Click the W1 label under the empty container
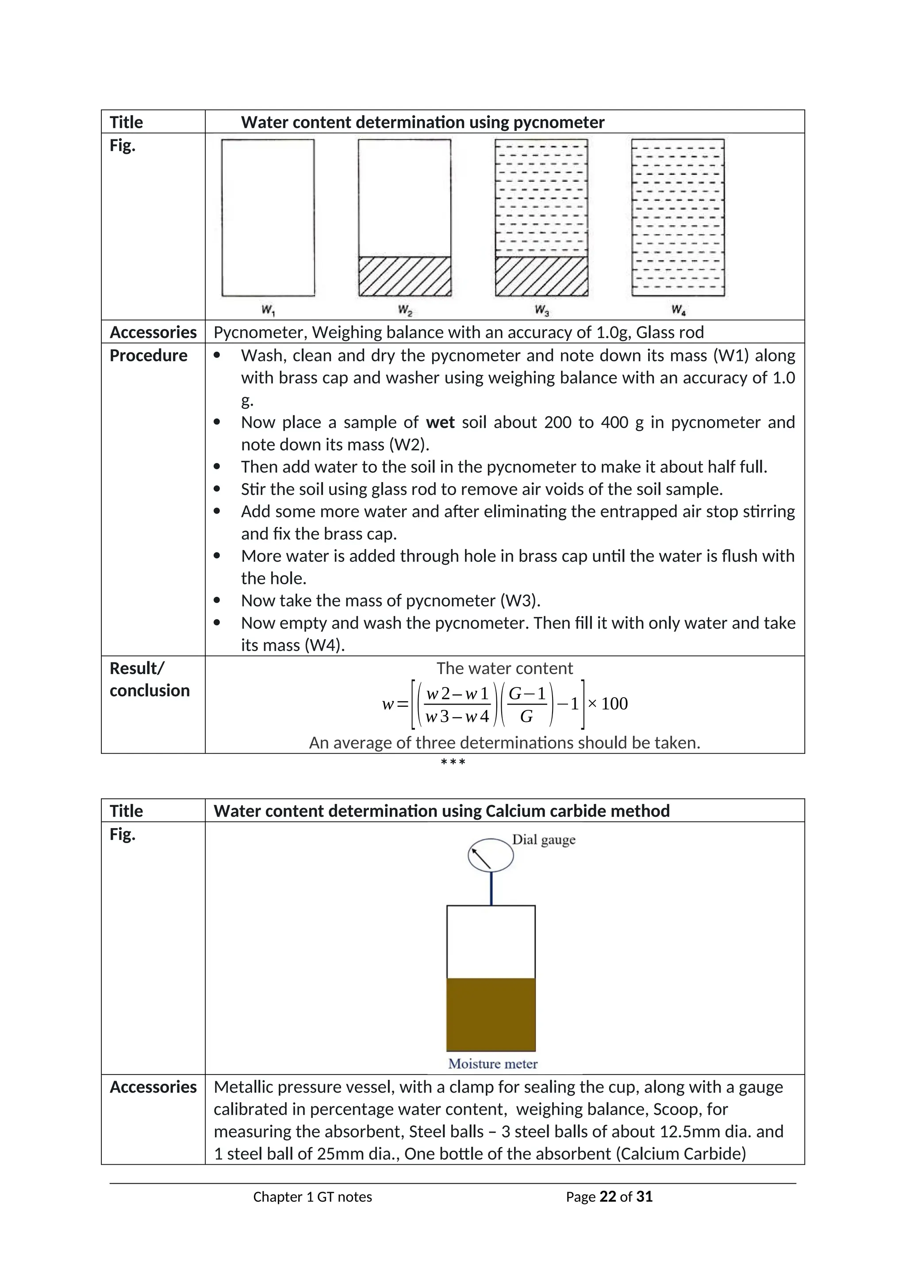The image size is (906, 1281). point(269,310)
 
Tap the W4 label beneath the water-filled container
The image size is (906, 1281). point(678,310)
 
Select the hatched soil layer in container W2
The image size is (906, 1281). point(404,276)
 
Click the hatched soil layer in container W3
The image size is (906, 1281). point(541,276)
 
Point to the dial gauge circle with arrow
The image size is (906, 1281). point(490,855)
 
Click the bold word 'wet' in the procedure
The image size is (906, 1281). point(440,422)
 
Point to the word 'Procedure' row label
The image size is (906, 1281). point(148,355)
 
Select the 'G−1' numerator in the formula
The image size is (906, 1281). point(526,694)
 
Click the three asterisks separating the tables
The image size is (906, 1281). point(453,762)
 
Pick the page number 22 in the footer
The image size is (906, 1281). point(607,1197)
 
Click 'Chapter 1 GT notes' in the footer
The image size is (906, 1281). point(312,1197)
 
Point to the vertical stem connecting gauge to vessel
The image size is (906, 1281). point(491,888)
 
